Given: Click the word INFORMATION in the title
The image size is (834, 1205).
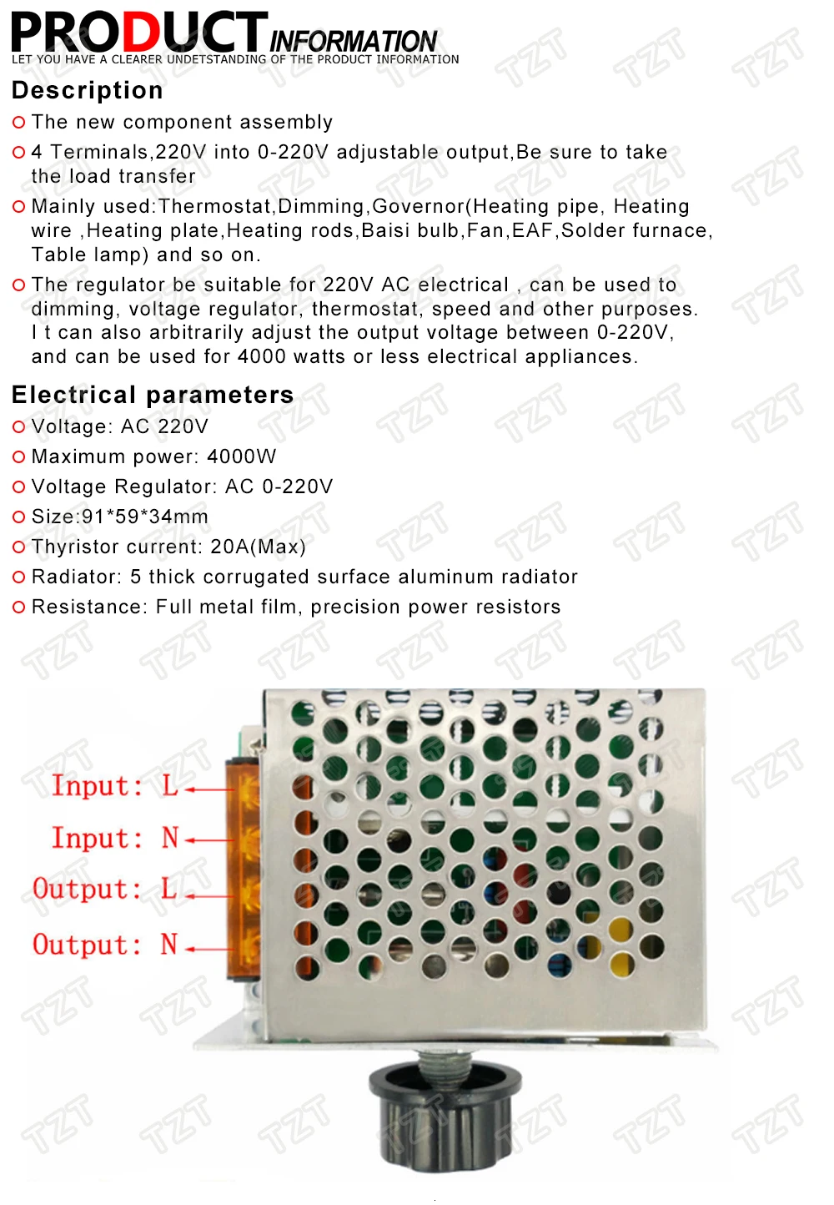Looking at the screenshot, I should [x=353, y=40].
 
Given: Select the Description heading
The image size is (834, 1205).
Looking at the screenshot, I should [x=88, y=90].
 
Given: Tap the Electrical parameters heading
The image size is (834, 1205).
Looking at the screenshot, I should [x=153, y=395].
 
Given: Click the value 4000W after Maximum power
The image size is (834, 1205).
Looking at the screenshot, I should [x=242, y=456].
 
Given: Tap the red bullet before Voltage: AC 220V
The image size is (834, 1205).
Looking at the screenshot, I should [x=19, y=427].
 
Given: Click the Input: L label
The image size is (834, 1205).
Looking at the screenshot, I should [x=115, y=785].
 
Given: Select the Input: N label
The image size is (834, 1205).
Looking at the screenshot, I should [x=115, y=838].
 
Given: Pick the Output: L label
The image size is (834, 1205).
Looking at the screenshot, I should [x=105, y=890].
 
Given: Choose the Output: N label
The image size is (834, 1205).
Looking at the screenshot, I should [x=105, y=945].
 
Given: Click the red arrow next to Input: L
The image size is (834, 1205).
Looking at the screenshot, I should [x=208, y=789].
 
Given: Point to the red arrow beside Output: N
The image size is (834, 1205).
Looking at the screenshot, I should [x=208, y=949].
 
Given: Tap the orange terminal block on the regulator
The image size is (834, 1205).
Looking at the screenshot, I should [x=244, y=868].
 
